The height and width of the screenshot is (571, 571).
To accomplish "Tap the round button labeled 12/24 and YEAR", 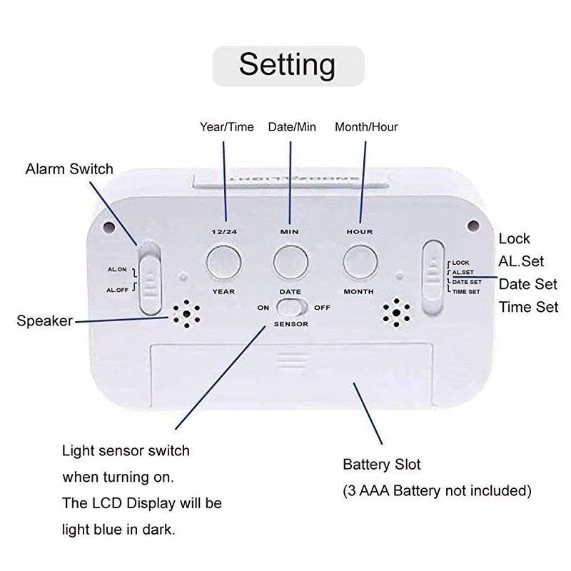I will pos(223,261).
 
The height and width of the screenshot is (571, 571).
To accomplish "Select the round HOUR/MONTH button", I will pos(360,261).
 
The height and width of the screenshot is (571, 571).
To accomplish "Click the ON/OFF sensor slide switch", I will pos(291,308).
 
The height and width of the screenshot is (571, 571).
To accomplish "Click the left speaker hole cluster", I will pos(185,313).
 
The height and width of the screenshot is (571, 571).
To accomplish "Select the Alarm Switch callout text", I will pos(69,169).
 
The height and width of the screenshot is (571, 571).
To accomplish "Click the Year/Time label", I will pos(226,127).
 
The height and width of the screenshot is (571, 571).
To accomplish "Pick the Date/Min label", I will pos(291,127).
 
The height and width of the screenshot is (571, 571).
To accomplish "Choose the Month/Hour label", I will pos(366,127).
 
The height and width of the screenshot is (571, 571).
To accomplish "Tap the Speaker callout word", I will pos(44,321).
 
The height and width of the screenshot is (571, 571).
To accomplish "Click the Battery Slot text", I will pos(382,465).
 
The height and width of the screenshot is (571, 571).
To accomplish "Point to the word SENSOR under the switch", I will pos(290,325).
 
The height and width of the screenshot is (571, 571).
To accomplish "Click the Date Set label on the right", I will pos(528,283).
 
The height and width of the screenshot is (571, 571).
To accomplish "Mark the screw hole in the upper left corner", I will pos(108,228).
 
